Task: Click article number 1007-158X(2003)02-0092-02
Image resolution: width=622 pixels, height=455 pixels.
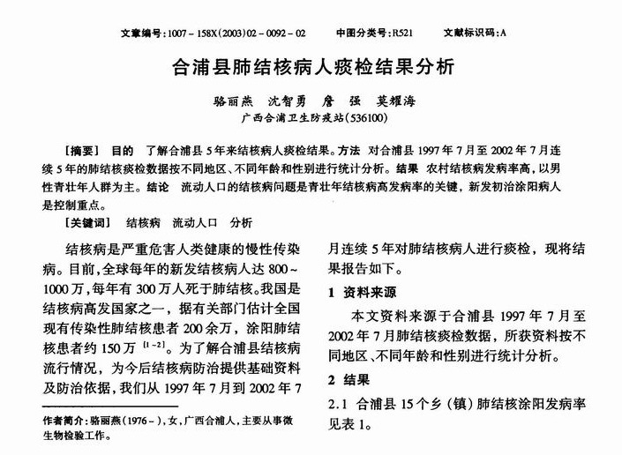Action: click(242, 34)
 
